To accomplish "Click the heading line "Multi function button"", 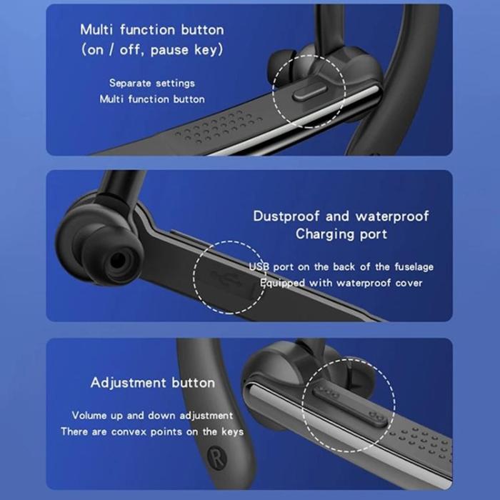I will (x=151, y=30).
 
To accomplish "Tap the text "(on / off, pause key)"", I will (x=151, y=50).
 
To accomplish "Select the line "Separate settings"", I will (x=151, y=84).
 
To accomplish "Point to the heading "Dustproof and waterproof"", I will (x=341, y=216).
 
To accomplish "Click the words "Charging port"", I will (x=341, y=234).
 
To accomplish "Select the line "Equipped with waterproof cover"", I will (x=341, y=283).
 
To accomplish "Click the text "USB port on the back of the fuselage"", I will (x=341, y=266).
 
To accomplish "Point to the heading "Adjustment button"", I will (x=152, y=383).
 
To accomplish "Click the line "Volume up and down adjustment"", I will (x=152, y=415).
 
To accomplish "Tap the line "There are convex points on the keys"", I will (x=152, y=431).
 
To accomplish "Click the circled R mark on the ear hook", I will (x=214, y=454).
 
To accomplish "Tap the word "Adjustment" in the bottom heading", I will (x=126, y=383).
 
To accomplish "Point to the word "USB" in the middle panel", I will (x=258, y=266).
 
